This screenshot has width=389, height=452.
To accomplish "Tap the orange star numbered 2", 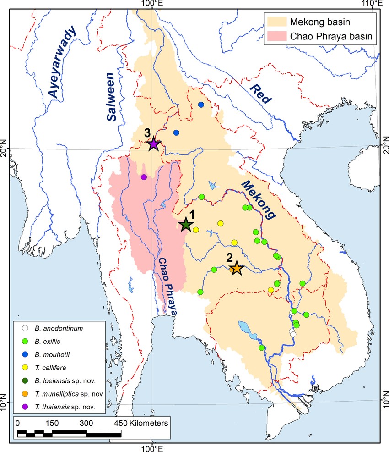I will point(236,269).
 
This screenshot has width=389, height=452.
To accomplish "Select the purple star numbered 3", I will point(154,144).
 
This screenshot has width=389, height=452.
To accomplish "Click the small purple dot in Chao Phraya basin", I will point(144,177).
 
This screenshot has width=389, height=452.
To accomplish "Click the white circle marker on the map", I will point(293,333).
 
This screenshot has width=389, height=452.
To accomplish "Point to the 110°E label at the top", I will point(375,4).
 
